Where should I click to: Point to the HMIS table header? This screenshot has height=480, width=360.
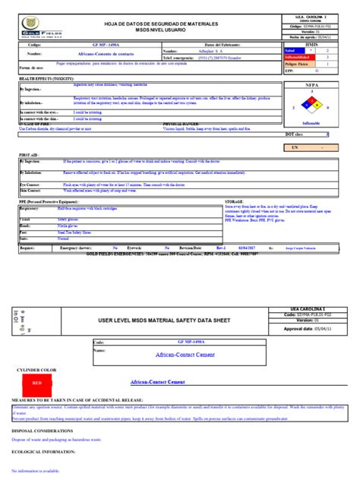tap(311, 45)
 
